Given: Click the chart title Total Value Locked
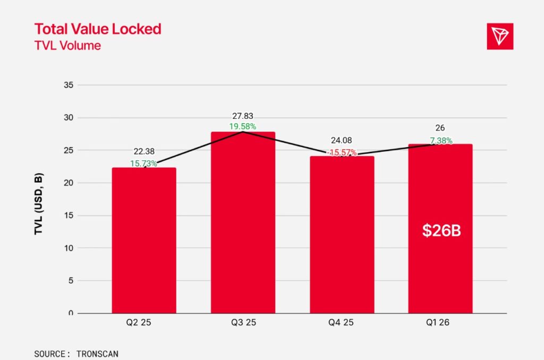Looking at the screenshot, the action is tap(98, 29).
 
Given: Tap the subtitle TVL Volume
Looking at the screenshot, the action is tap(67, 46).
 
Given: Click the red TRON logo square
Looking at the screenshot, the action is tap(500, 37).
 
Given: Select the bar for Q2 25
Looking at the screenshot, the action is tap(144, 241).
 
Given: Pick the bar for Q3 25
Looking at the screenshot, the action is tap(243, 222).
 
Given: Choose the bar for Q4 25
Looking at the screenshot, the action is tap(342, 235).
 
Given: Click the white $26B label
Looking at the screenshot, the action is tap(441, 230).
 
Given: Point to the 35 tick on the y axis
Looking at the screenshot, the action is tap(69, 85).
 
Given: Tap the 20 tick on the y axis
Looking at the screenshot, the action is tap(69, 183).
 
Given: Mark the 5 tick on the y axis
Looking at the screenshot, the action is tap(71, 280).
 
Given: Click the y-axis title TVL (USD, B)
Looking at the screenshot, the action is tap(38, 204).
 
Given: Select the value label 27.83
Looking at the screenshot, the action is tap(242, 116).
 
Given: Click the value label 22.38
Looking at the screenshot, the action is tap(144, 151).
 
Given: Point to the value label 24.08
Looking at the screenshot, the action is tap(342, 141).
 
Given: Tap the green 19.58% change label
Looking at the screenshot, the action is tap(242, 126).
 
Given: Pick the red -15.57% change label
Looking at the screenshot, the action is tap(342, 152).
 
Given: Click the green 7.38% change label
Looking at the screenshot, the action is tap(441, 141).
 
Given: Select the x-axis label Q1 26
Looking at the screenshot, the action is tap(438, 322).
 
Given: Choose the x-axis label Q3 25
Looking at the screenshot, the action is tap(243, 322).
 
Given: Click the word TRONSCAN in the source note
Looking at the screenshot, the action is tap(98, 354).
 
